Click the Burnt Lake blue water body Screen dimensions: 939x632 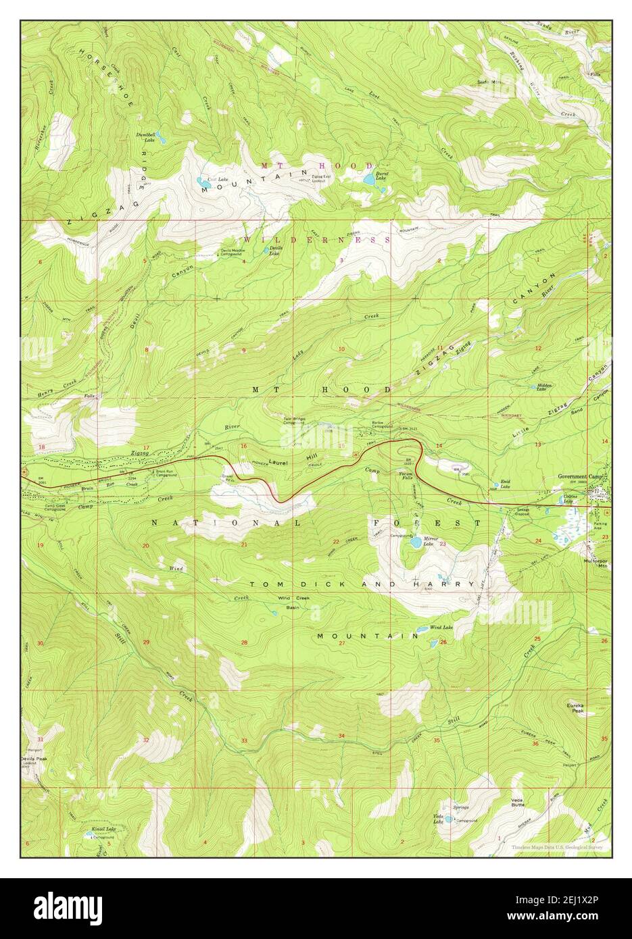[368, 180]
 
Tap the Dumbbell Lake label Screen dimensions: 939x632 [147, 137]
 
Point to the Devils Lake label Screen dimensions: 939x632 [275, 249]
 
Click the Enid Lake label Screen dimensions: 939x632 [504, 484]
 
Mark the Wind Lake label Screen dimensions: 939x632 [441, 626]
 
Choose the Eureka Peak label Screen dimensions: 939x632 [575, 708]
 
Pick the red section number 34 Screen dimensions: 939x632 [341, 736]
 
